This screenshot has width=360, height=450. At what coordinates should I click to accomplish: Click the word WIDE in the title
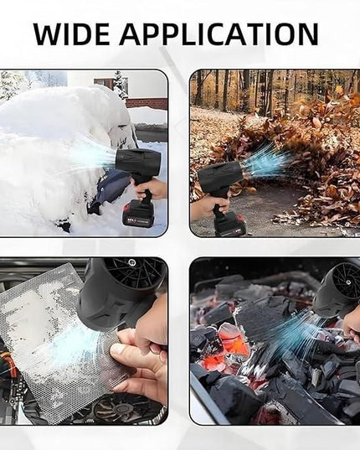[71, 34]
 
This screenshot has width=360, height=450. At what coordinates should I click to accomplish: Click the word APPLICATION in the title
[219, 34]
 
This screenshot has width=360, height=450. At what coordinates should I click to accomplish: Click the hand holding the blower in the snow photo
[156, 188]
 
